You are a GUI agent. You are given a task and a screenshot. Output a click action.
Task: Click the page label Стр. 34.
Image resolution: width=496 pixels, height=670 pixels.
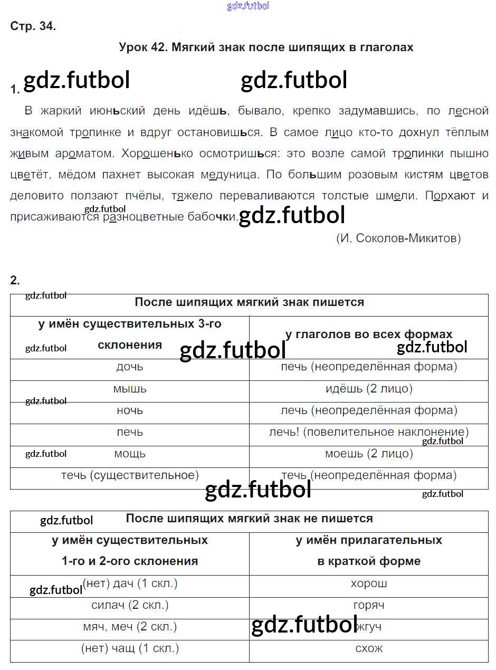33,26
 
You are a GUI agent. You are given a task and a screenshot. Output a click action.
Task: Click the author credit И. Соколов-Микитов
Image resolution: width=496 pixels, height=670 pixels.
398,238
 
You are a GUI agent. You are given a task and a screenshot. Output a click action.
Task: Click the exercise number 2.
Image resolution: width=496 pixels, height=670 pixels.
15,280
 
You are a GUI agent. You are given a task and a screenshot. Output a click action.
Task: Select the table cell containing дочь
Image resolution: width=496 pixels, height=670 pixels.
130,367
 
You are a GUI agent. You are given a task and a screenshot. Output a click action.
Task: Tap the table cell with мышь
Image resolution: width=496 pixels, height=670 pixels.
130,389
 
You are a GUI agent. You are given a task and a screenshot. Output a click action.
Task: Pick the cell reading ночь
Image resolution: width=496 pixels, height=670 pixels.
130,410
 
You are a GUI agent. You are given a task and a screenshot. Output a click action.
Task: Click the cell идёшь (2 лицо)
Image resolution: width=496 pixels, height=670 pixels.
369,389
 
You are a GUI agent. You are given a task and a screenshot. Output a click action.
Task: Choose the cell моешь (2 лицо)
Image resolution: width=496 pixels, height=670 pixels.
369,454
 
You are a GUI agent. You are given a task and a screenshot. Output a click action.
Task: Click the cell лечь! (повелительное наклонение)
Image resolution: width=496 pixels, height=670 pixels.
369,432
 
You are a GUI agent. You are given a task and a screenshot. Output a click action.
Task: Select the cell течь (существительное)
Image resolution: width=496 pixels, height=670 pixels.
130,475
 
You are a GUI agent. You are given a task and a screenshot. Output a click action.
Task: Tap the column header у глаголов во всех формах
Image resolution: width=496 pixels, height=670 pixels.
369,334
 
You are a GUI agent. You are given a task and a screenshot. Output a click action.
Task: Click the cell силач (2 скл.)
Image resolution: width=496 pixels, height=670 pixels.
130,606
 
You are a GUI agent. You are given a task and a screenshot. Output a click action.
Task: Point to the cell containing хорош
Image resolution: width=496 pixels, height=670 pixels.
369,584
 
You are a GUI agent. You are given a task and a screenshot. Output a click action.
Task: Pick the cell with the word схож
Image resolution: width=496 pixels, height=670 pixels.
369,649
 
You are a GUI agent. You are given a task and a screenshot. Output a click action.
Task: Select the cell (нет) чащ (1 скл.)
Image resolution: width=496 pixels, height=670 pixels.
130,649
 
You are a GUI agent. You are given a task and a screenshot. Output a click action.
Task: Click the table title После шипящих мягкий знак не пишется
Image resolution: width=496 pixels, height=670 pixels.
249,519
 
